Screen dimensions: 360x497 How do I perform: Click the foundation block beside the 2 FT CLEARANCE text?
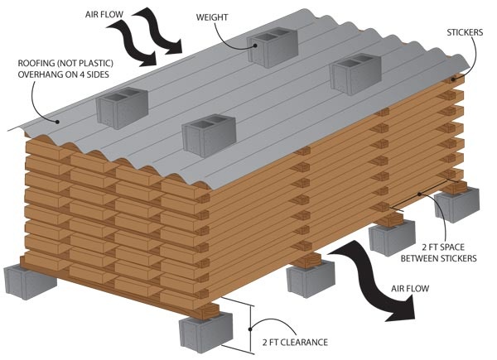point(203,331)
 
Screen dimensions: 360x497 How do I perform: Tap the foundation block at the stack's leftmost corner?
point(27,281)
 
